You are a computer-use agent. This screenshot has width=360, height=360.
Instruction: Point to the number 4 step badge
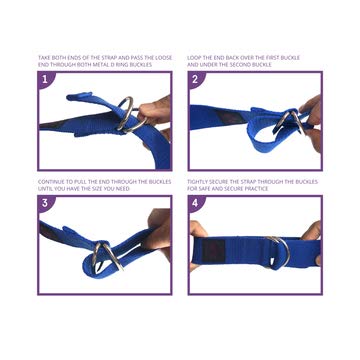(198, 205)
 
